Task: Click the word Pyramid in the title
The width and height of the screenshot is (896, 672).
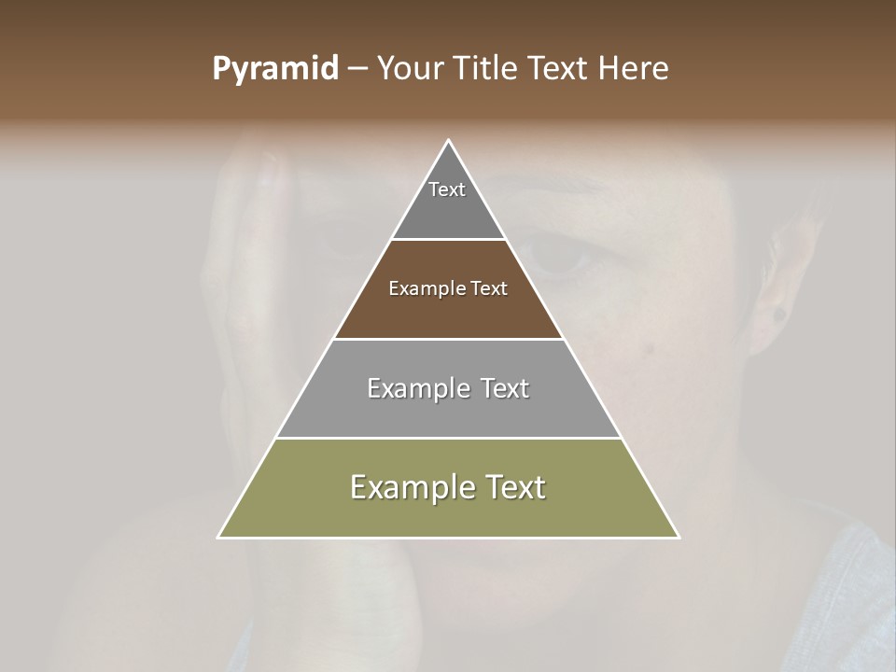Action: (274, 69)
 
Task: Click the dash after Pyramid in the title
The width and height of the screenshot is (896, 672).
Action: (357, 69)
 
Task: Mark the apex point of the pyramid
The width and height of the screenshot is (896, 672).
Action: (448, 141)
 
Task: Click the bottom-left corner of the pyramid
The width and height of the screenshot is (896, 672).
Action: (218, 537)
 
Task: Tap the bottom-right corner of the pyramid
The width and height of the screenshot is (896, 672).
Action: (679, 537)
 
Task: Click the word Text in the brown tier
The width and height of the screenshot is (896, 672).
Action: (489, 288)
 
